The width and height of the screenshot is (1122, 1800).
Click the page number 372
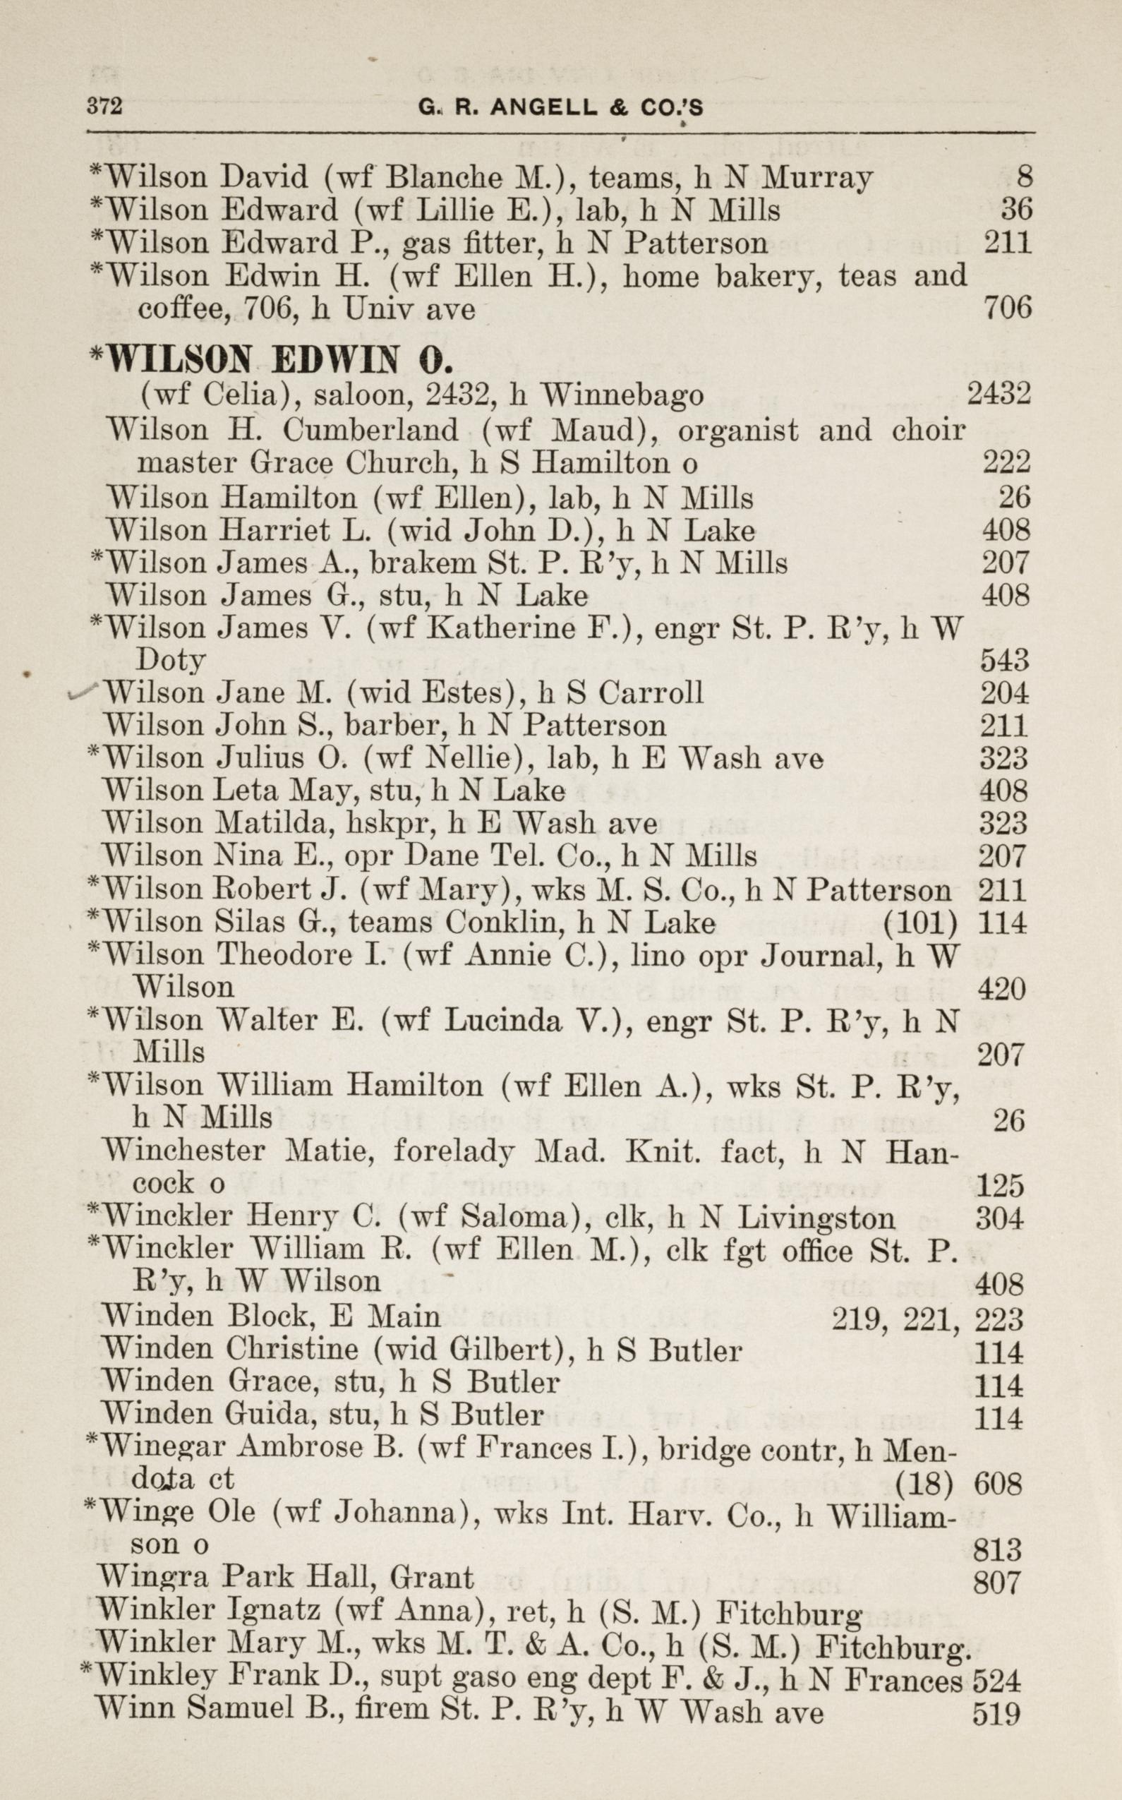click(x=104, y=106)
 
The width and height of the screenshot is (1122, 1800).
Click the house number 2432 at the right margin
click(x=999, y=393)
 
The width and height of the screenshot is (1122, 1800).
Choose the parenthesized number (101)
click(x=921, y=923)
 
